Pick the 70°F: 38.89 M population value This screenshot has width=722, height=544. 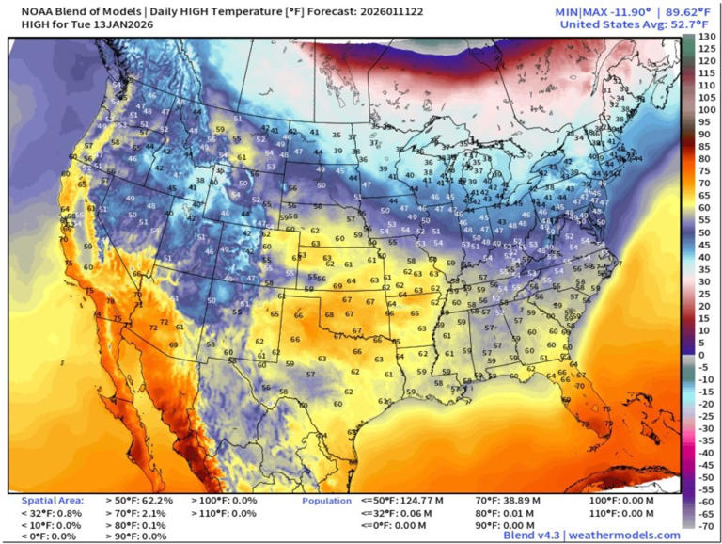511,501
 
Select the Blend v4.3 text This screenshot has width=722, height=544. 532,535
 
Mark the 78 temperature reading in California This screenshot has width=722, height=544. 110,301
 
